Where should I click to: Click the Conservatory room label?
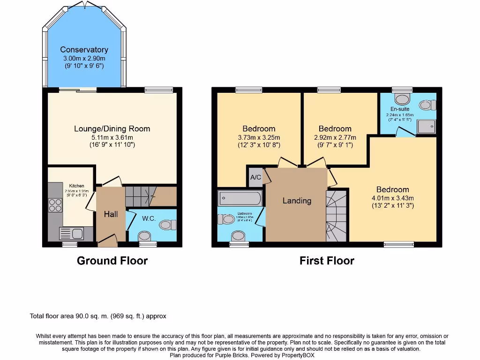84,50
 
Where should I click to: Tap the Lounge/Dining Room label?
112,129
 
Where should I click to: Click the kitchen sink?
70,233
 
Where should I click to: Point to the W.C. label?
149,218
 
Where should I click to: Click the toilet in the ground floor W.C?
166,225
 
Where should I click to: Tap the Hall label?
111,214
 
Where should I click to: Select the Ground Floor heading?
112,261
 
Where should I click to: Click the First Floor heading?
327,261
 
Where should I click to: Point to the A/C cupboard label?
255,178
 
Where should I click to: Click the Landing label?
297,201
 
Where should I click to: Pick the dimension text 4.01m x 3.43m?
392,198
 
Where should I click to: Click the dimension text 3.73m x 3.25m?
259,137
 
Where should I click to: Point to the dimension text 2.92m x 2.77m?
335,137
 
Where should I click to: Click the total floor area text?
98,316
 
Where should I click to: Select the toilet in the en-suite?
402,98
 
